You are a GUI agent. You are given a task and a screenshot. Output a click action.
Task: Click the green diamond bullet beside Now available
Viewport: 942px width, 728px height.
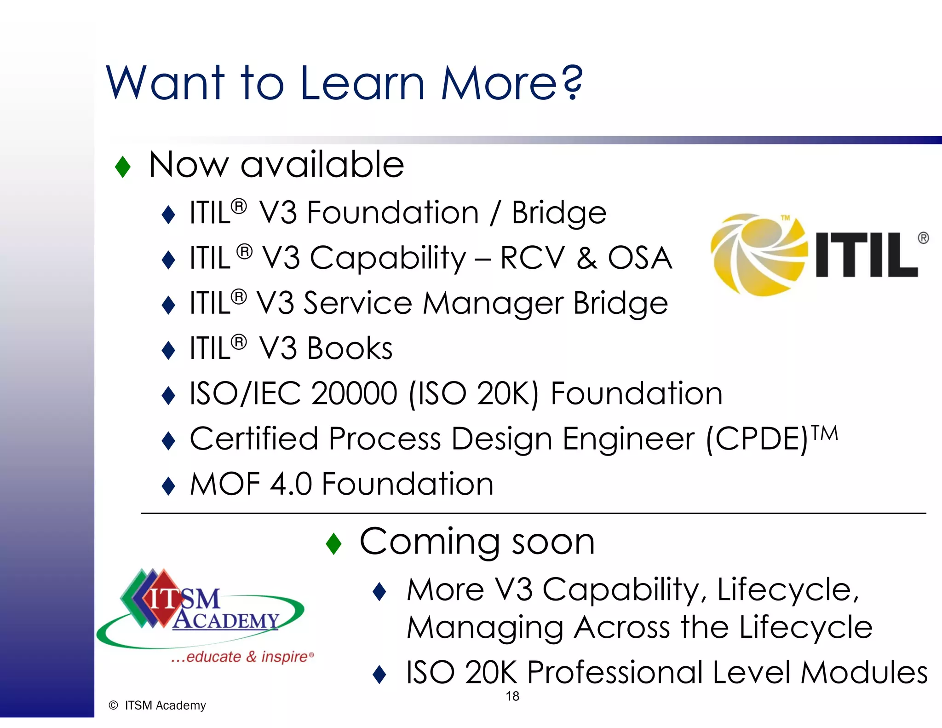[123, 167]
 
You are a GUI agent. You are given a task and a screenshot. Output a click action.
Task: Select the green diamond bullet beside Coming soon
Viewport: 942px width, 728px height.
[333, 543]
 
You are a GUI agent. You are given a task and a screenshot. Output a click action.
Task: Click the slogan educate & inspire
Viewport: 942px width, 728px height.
[242, 657]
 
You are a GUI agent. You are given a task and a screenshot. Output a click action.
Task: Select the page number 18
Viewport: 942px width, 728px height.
[512, 696]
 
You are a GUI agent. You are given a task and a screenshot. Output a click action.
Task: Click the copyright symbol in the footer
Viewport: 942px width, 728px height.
[113, 705]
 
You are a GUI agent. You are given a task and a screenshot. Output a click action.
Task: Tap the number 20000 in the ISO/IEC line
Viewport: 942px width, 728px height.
[354, 394]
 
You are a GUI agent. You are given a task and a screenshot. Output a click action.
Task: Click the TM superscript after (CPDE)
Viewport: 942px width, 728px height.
[824, 433]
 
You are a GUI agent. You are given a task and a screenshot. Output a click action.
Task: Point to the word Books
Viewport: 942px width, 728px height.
[350, 348]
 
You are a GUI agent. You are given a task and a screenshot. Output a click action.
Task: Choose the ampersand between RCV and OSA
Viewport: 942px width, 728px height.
[587, 258]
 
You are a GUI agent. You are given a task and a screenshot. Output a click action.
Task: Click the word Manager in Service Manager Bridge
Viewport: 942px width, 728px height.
[493, 304]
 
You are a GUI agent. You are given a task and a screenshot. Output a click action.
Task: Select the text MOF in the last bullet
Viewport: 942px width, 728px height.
[225, 485]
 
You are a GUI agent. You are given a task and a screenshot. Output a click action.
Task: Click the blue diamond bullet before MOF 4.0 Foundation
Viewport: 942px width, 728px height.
[169, 486]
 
